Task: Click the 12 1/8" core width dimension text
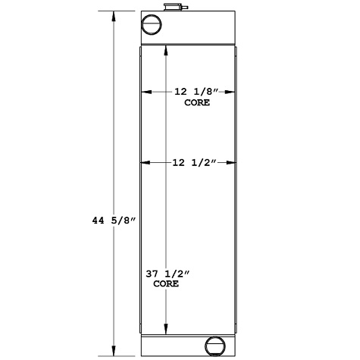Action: [196, 92]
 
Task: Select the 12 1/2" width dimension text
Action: [195, 163]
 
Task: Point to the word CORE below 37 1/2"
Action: [166, 284]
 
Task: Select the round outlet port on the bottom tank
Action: [215, 346]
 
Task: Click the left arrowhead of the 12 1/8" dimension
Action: [144, 92]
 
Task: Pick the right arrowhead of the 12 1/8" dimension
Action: [233, 92]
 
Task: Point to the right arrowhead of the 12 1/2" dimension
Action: [234, 163]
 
